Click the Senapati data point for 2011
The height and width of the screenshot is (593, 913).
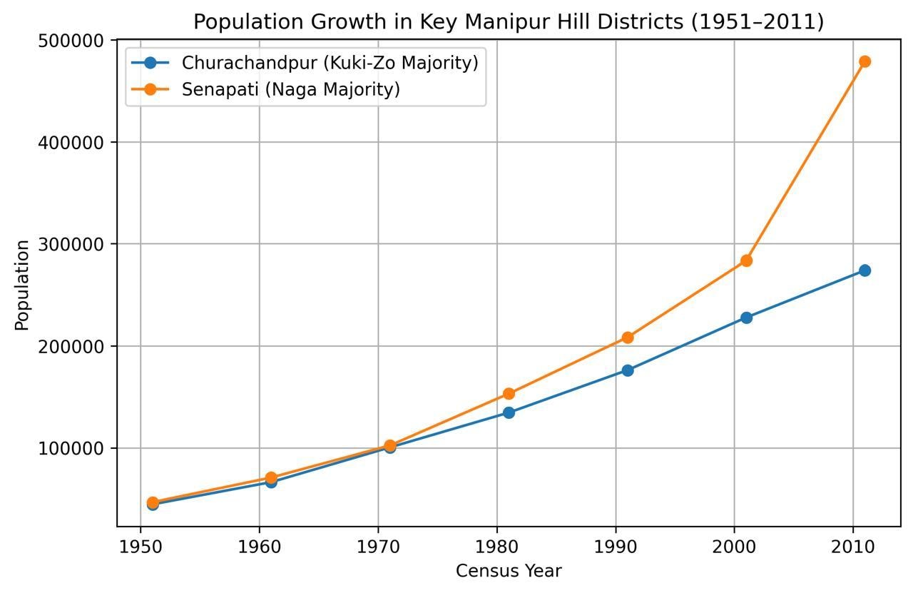(x=864, y=61)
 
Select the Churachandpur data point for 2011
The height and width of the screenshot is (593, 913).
(x=864, y=270)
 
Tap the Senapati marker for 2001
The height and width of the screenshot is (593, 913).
(x=746, y=260)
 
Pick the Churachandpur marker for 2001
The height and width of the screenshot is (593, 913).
(x=746, y=318)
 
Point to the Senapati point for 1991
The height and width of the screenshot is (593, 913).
(x=627, y=338)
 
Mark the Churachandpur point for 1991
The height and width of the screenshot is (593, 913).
(x=627, y=370)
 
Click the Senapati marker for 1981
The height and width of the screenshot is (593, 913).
(x=509, y=393)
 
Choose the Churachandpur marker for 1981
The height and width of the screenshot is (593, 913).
(x=509, y=412)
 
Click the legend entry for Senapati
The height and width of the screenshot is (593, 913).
(x=290, y=89)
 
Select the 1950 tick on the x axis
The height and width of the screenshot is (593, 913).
(x=141, y=547)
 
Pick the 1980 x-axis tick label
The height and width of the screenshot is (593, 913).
(x=496, y=547)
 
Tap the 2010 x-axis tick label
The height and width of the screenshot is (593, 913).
(x=853, y=547)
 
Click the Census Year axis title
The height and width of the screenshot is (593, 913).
(x=509, y=571)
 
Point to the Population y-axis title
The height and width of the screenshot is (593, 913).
(x=22, y=285)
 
